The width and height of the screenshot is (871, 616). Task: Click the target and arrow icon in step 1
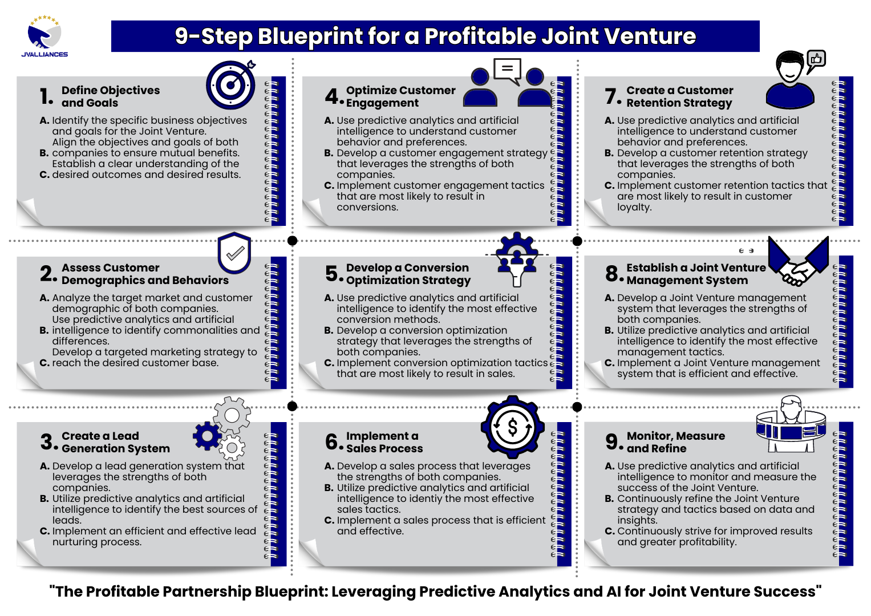tap(231, 84)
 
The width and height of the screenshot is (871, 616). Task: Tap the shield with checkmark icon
tap(234, 253)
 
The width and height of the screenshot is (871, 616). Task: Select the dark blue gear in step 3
tap(207, 436)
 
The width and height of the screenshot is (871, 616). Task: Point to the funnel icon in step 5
tap(517, 260)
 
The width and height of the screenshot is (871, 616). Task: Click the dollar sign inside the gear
tap(512, 427)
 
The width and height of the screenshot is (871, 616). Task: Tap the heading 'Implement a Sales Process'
tap(384, 442)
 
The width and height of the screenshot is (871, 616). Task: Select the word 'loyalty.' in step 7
tap(634, 207)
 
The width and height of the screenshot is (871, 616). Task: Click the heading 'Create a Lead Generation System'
tap(115, 442)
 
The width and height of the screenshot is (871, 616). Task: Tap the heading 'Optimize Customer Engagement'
tap(400, 96)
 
